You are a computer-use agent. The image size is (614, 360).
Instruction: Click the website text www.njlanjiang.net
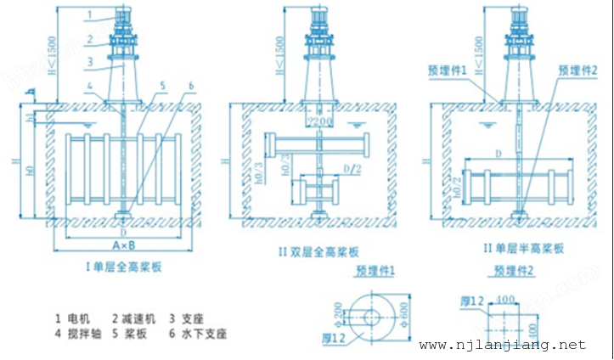(x=503, y=345)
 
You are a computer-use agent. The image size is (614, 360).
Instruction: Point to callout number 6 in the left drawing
(x=192, y=86)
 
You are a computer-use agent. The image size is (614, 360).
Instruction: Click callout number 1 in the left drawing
(x=91, y=14)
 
